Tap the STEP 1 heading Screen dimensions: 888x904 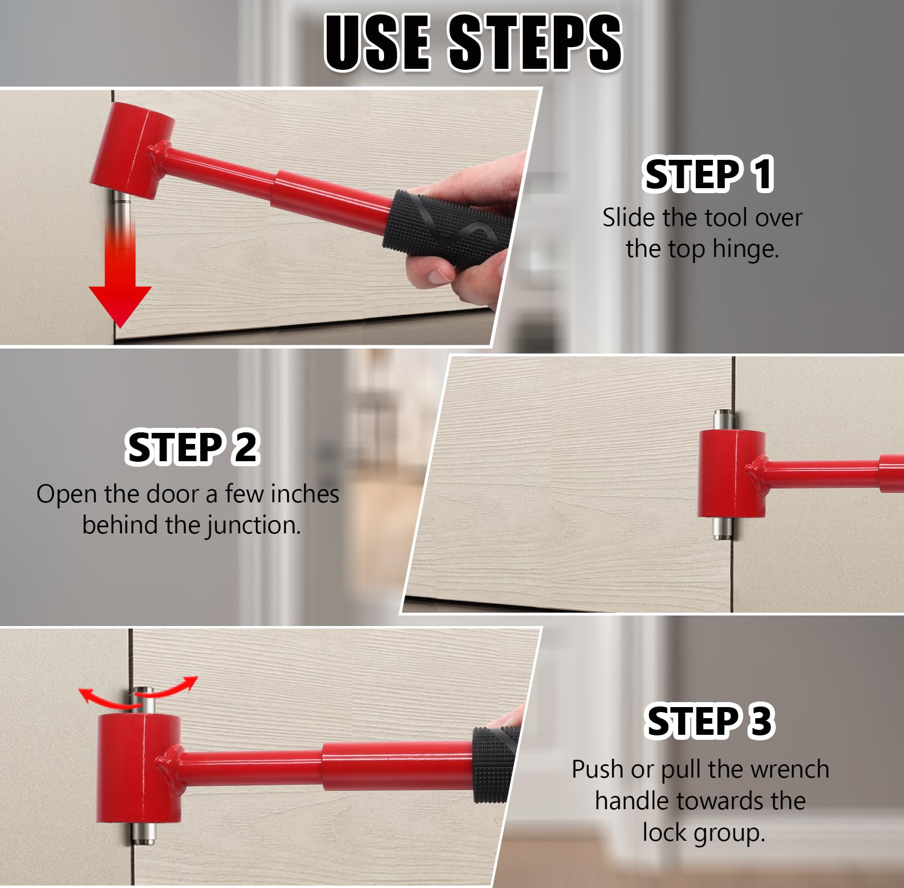tap(708, 174)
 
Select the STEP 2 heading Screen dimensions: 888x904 tap(192, 447)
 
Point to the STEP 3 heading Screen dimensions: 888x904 tap(709, 721)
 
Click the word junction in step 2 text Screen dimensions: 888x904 tap(254, 525)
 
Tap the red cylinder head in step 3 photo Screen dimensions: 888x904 tap(139, 768)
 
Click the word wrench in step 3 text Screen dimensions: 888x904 tap(794, 770)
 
